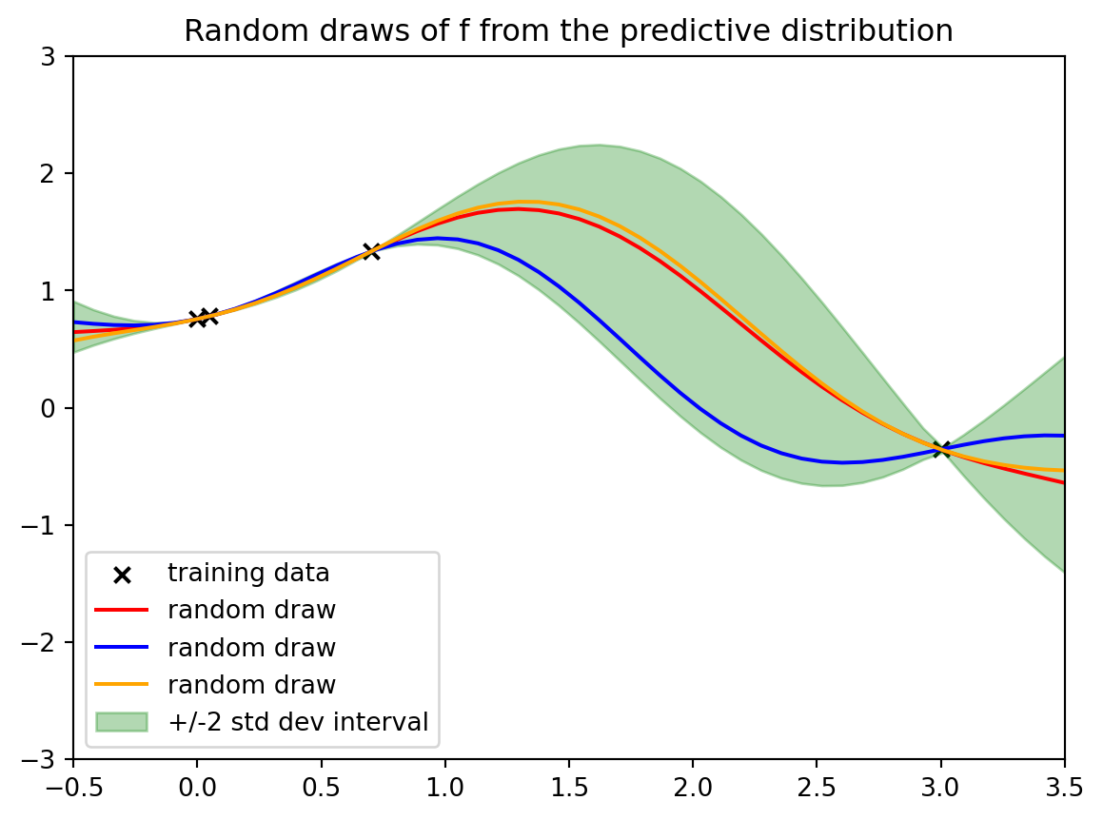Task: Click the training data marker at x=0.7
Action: click(371, 251)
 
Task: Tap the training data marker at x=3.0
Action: click(941, 449)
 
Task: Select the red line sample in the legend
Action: click(122, 611)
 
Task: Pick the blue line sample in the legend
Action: click(122, 648)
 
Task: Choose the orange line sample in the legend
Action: click(122, 685)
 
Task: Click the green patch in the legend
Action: click(122, 722)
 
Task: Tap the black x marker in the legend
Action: click(122, 574)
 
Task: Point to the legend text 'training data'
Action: click(248, 574)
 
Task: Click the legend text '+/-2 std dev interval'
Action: click(298, 722)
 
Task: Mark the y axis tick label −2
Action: click(49, 643)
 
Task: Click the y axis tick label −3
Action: click(49, 760)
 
